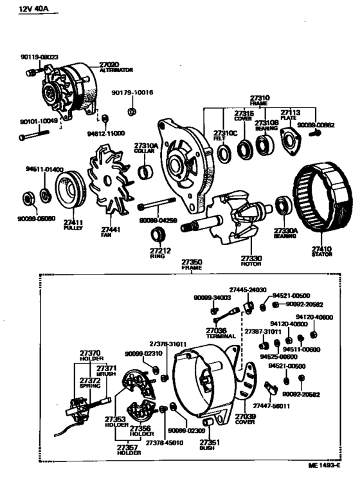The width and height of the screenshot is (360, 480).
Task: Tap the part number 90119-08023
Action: pyautogui.click(x=39, y=57)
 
